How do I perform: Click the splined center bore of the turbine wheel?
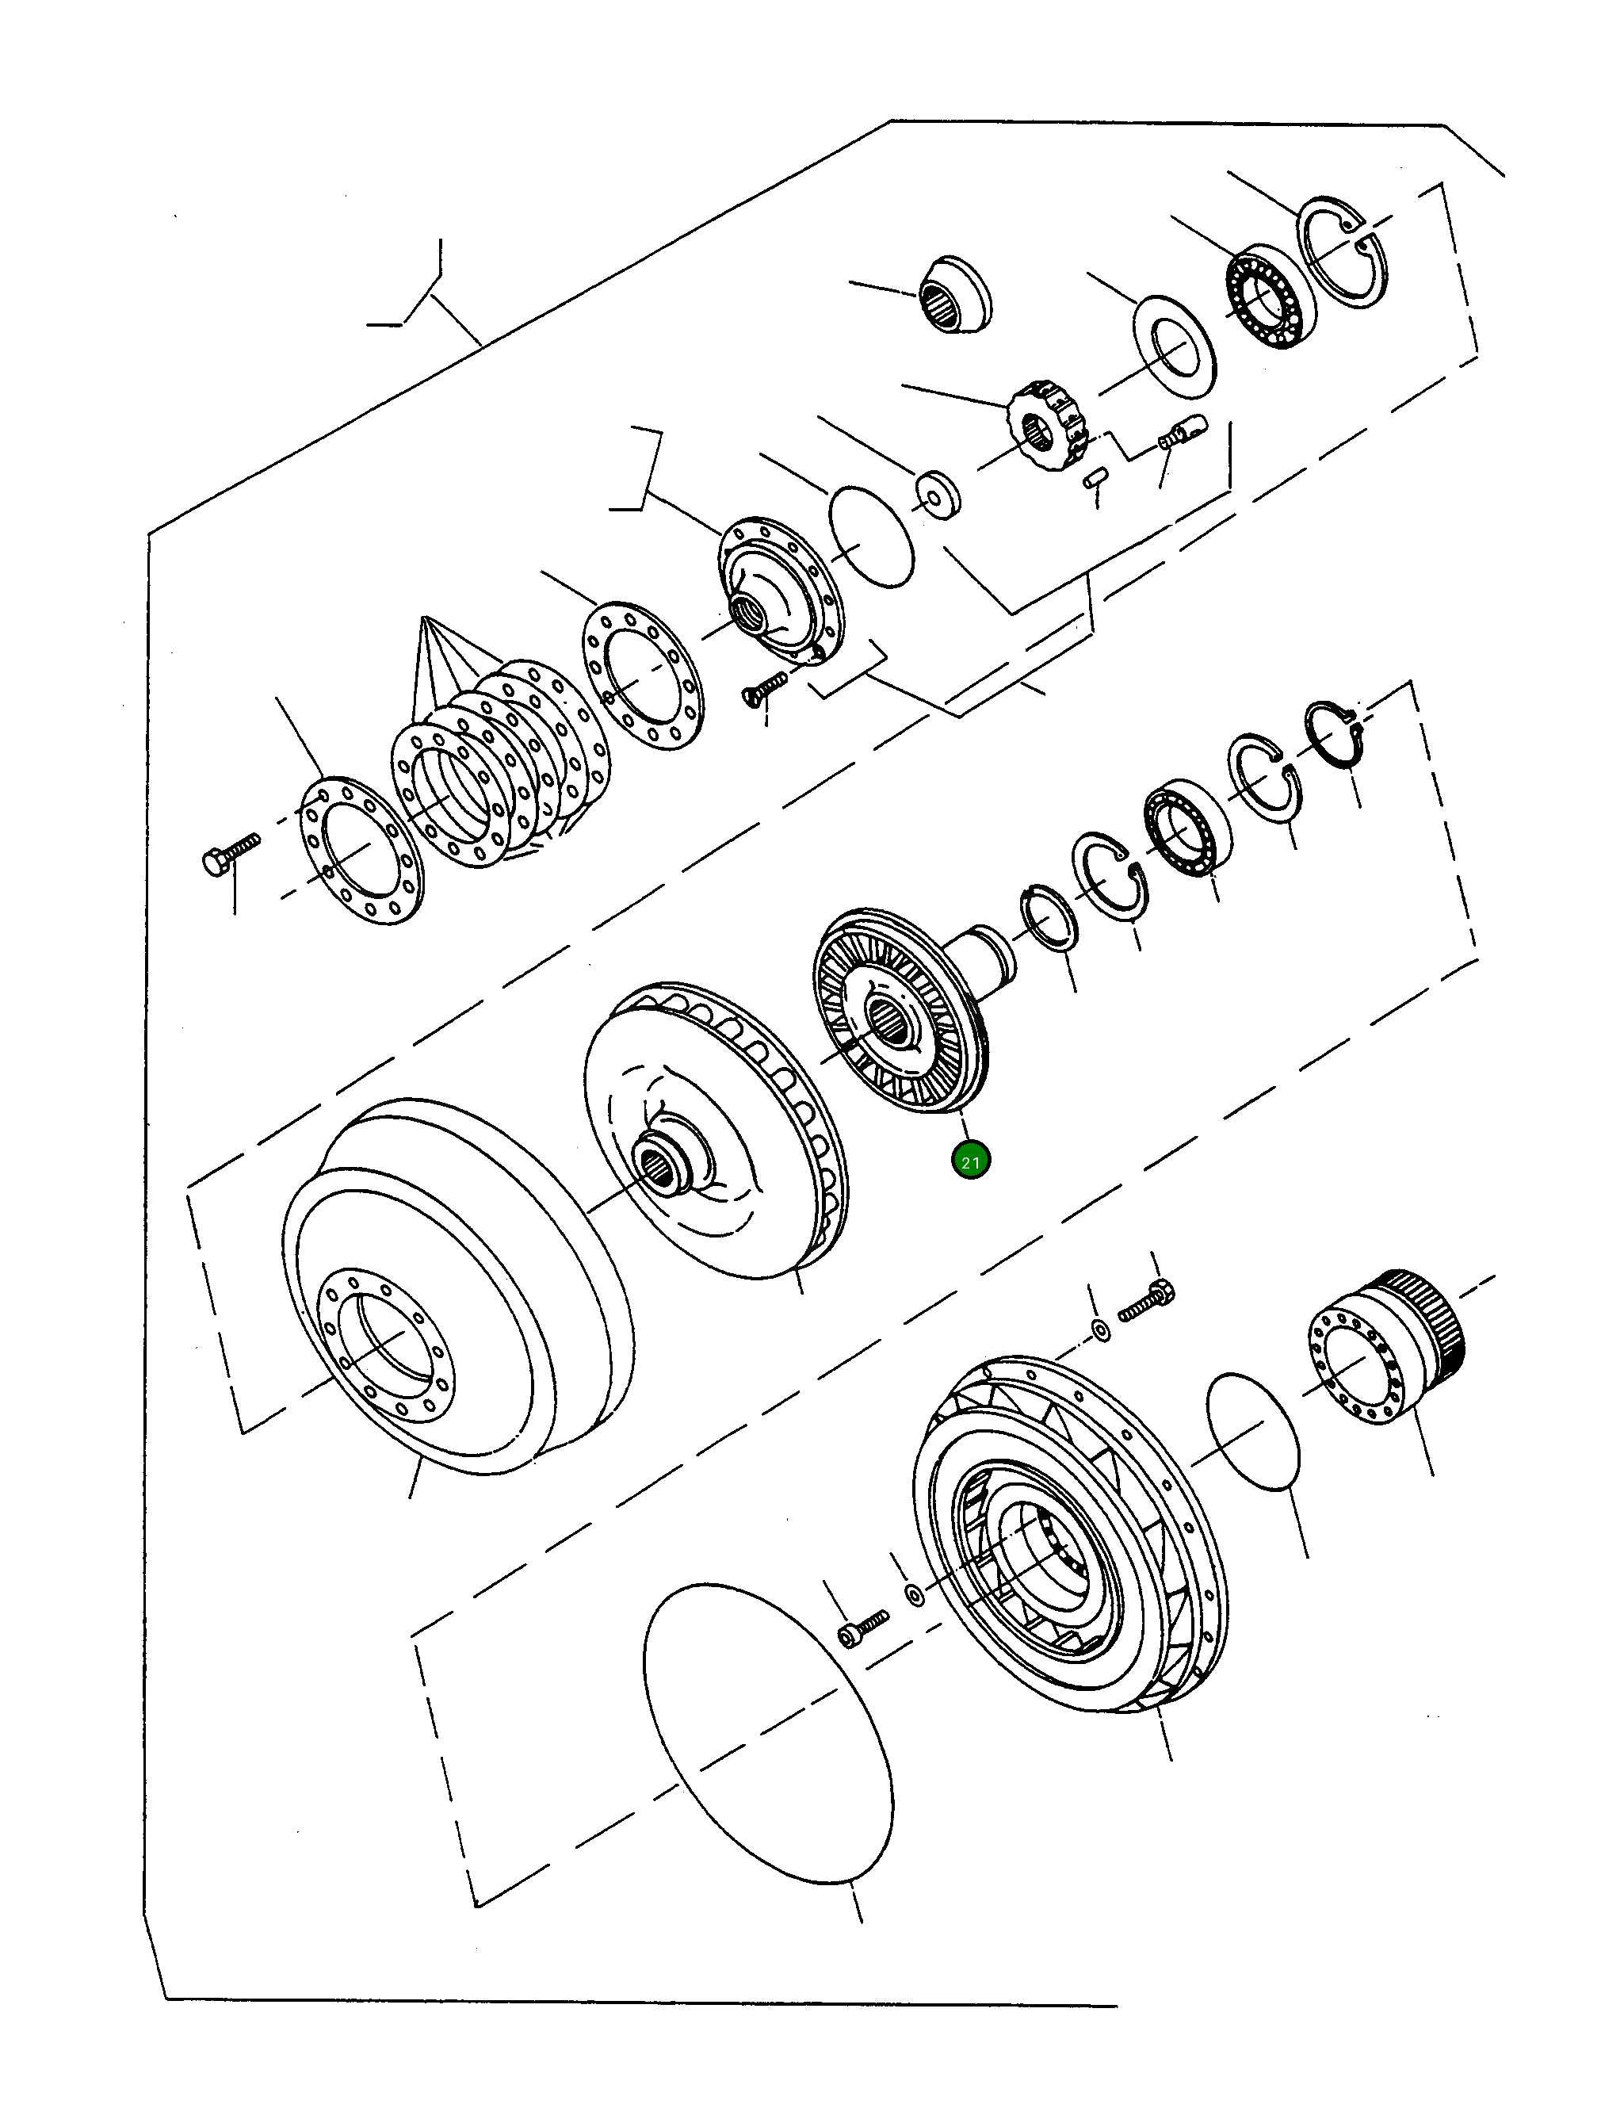[x=889, y=1021]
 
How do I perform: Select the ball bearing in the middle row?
[x=1188, y=827]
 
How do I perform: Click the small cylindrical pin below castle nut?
[x=1093, y=480]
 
